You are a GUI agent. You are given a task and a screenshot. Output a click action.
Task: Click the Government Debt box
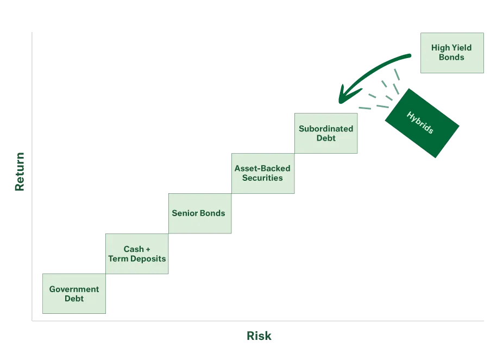coord(74,294)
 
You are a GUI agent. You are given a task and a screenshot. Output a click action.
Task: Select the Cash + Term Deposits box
coord(136,254)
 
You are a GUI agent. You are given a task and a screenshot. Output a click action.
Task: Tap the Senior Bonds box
coord(198,213)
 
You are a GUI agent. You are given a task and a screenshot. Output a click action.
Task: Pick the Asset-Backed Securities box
coord(262,173)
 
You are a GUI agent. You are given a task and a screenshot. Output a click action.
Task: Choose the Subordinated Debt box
coord(325,133)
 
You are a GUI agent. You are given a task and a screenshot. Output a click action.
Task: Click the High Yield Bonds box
coord(451,52)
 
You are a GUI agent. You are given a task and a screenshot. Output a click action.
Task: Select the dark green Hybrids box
coord(420,123)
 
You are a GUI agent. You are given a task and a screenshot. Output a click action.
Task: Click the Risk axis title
coord(259,336)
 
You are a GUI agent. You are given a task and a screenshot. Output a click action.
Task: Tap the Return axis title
coord(20,172)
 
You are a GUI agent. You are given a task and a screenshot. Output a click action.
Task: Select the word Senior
coord(184,213)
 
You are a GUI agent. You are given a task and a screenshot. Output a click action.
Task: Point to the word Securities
coord(262,178)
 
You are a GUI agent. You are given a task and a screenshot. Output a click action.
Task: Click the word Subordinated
coord(325,129)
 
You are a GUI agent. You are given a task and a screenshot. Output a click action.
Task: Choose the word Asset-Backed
coord(262,168)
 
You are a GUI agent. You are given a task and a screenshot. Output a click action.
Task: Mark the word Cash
coord(133,249)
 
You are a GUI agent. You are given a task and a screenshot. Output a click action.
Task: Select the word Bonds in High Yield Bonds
coord(451,57)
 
